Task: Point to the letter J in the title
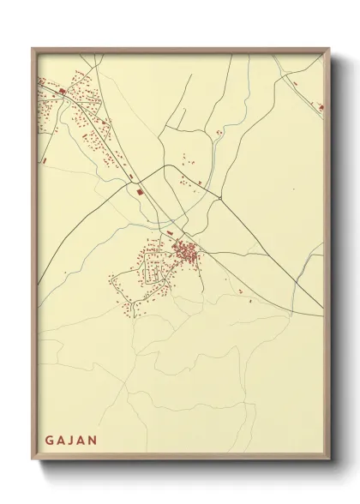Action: pyautogui.click(x=71, y=441)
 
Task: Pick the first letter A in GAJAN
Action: pyautogui.click(x=60, y=441)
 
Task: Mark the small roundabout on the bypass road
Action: pyautogui.click(x=220, y=197)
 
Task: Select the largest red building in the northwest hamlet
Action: pyautogui.click(x=63, y=88)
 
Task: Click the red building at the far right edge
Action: pyautogui.click(x=321, y=108)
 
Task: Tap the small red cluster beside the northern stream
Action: pyautogui.click(x=220, y=132)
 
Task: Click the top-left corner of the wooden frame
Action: pyautogui.click(x=33, y=49)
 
